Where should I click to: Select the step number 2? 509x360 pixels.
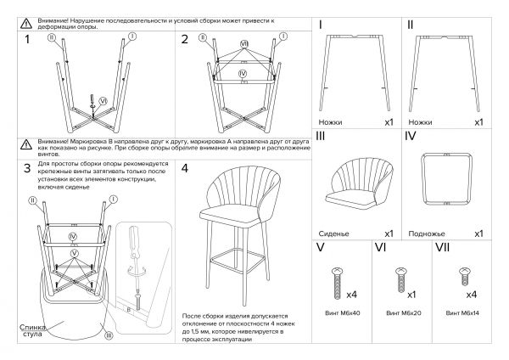coord(185,39)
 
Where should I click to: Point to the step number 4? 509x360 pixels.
coord(186,168)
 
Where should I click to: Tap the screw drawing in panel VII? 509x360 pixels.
coord(463,275)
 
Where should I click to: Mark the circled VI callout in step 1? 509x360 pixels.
coord(103,100)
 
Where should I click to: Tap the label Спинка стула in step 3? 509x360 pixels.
coord(31,333)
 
